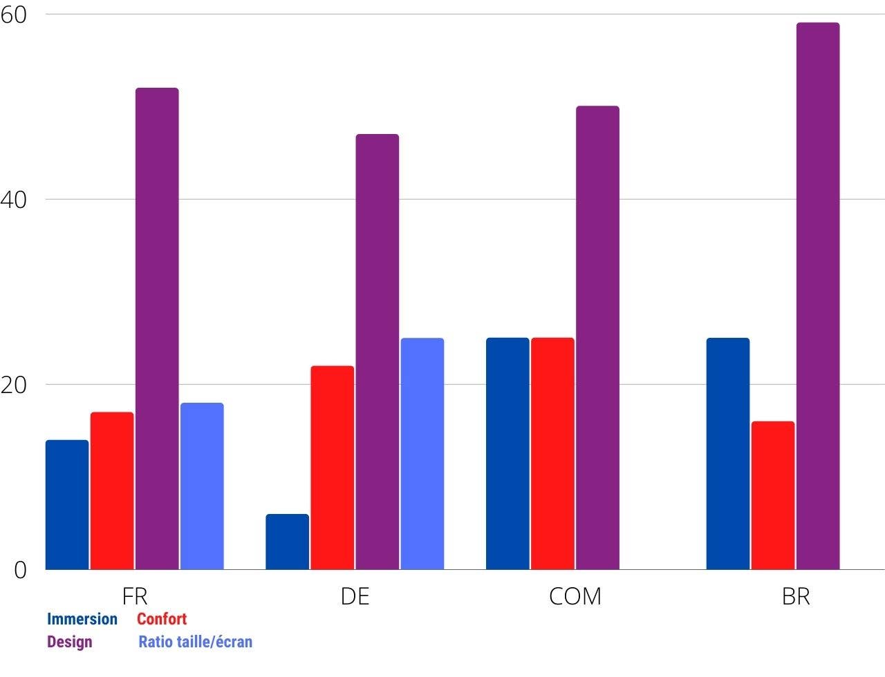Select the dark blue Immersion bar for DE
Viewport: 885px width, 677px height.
point(287,542)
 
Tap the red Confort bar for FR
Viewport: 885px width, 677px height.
point(112,490)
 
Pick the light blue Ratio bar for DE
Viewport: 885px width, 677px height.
point(422,453)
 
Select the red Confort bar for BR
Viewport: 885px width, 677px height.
point(773,495)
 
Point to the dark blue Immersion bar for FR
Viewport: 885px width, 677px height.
point(67,504)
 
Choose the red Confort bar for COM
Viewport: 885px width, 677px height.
point(552,453)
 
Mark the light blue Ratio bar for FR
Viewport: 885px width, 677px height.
point(202,486)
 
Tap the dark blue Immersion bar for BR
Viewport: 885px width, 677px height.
point(728,453)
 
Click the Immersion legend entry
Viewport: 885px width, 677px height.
point(82,619)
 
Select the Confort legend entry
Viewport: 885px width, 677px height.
point(162,619)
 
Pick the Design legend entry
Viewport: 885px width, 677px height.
point(69,642)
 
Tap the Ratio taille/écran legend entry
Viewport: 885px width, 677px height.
point(195,642)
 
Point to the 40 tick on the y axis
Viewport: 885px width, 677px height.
point(14,200)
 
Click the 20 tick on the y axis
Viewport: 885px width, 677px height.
point(14,385)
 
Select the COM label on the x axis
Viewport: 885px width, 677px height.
point(575,596)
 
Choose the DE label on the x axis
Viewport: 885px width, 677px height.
point(355,596)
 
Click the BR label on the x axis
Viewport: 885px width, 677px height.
point(796,596)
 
